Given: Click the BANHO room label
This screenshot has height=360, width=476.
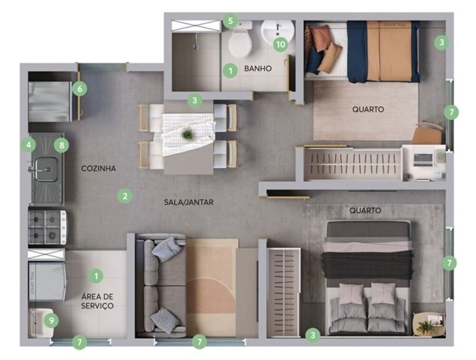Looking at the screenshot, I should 258,68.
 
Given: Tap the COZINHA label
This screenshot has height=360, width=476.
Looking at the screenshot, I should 99,168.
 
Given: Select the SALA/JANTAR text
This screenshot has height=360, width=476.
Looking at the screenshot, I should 188,202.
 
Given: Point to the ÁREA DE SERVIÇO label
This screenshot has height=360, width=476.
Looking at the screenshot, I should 97,301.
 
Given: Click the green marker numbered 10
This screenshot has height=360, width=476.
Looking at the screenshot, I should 280,45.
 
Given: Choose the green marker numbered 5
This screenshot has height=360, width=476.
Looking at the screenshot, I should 230,21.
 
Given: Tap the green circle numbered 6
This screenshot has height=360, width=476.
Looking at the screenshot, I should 79,88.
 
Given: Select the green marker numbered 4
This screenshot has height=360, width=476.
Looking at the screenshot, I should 29,144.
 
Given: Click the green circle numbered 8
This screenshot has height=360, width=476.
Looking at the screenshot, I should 61,145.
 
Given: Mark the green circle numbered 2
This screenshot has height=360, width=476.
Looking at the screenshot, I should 125,195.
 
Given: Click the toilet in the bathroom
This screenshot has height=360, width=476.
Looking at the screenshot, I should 240,42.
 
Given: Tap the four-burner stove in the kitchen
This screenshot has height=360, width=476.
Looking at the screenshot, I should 47,226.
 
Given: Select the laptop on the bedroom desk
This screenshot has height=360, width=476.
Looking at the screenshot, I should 423,159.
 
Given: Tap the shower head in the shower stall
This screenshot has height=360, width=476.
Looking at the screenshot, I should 195,46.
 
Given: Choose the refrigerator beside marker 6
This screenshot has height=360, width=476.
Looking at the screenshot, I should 50,101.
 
